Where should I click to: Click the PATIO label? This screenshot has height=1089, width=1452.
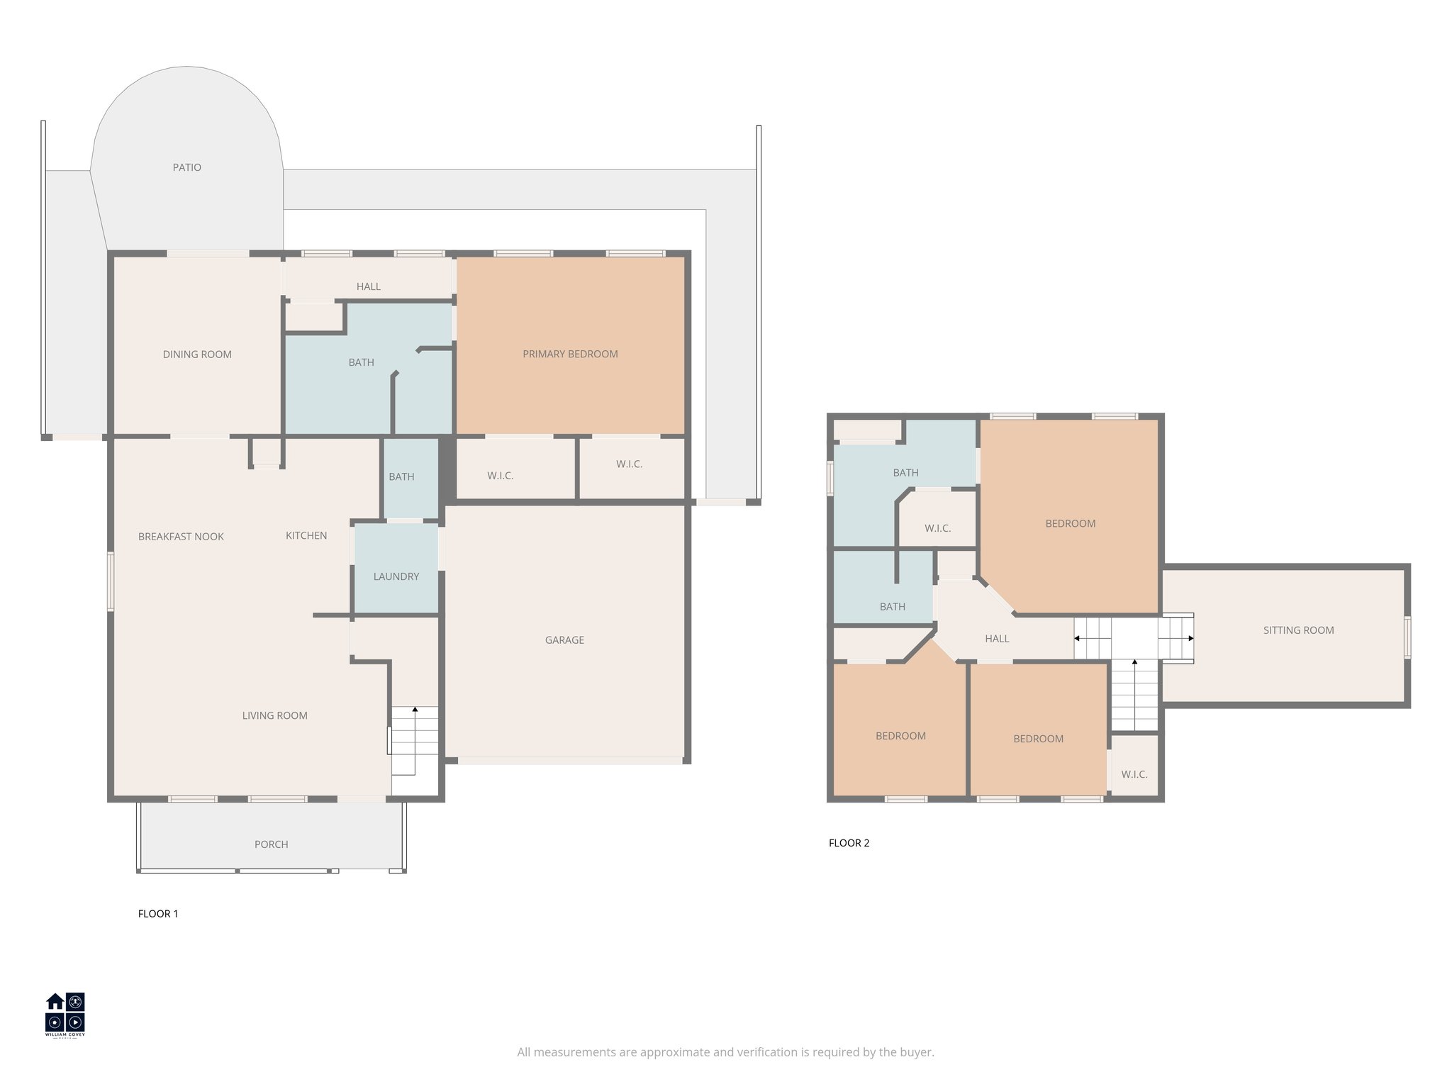coord(187,167)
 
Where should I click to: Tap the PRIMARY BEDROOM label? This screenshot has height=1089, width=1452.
coord(570,354)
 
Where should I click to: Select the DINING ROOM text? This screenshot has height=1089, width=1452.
coord(197,354)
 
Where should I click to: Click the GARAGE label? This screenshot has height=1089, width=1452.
coord(564,640)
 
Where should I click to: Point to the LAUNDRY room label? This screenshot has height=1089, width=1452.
coord(396,576)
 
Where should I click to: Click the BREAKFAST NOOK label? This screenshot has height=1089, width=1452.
coord(181,537)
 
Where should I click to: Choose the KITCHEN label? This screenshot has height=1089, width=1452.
coord(306,535)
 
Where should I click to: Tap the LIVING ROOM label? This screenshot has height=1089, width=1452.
coord(274,715)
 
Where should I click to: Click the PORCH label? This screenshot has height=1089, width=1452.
coord(271,844)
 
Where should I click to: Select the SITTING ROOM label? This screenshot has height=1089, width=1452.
coord(1298,630)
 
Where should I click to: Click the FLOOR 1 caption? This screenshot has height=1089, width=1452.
coord(158,914)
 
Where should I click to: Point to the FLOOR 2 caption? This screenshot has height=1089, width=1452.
coord(849,843)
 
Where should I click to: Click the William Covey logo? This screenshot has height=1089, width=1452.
coord(65,1015)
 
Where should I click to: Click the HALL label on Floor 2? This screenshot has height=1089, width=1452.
coord(997,638)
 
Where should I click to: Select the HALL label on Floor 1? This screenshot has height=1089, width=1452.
coord(368,286)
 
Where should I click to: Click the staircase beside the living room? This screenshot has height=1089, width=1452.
coord(415,741)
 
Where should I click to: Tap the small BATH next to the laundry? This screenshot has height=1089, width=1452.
coord(401,476)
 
